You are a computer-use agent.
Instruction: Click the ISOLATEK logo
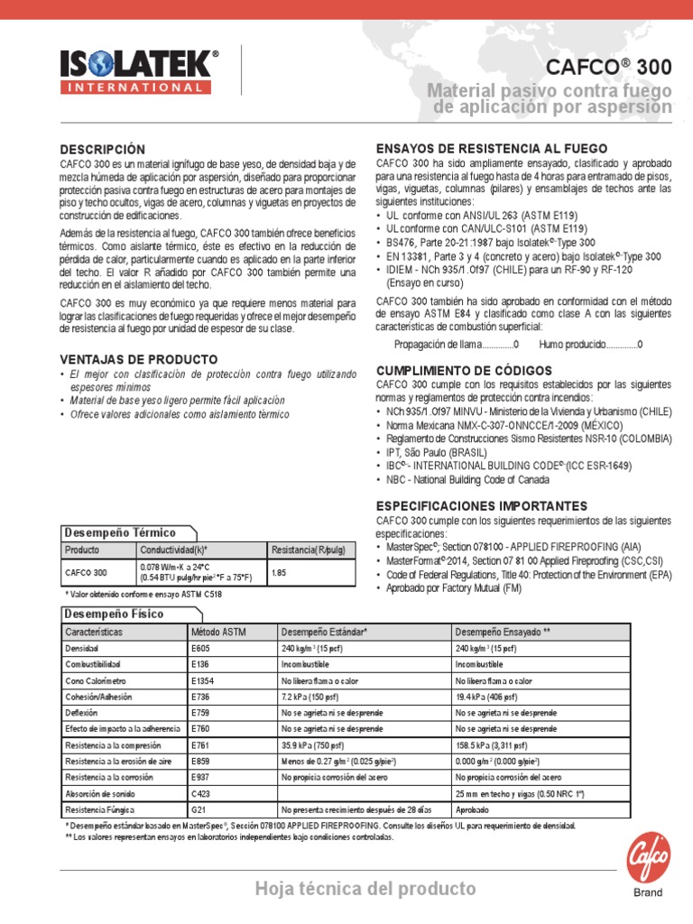[x=139, y=64]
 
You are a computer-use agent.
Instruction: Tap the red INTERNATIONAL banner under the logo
[x=139, y=88]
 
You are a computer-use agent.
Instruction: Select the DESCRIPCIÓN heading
[x=102, y=149]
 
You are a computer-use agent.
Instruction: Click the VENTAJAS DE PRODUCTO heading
[x=139, y=359]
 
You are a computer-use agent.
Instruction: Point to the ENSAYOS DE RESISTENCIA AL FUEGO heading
[x=491, y=149]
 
